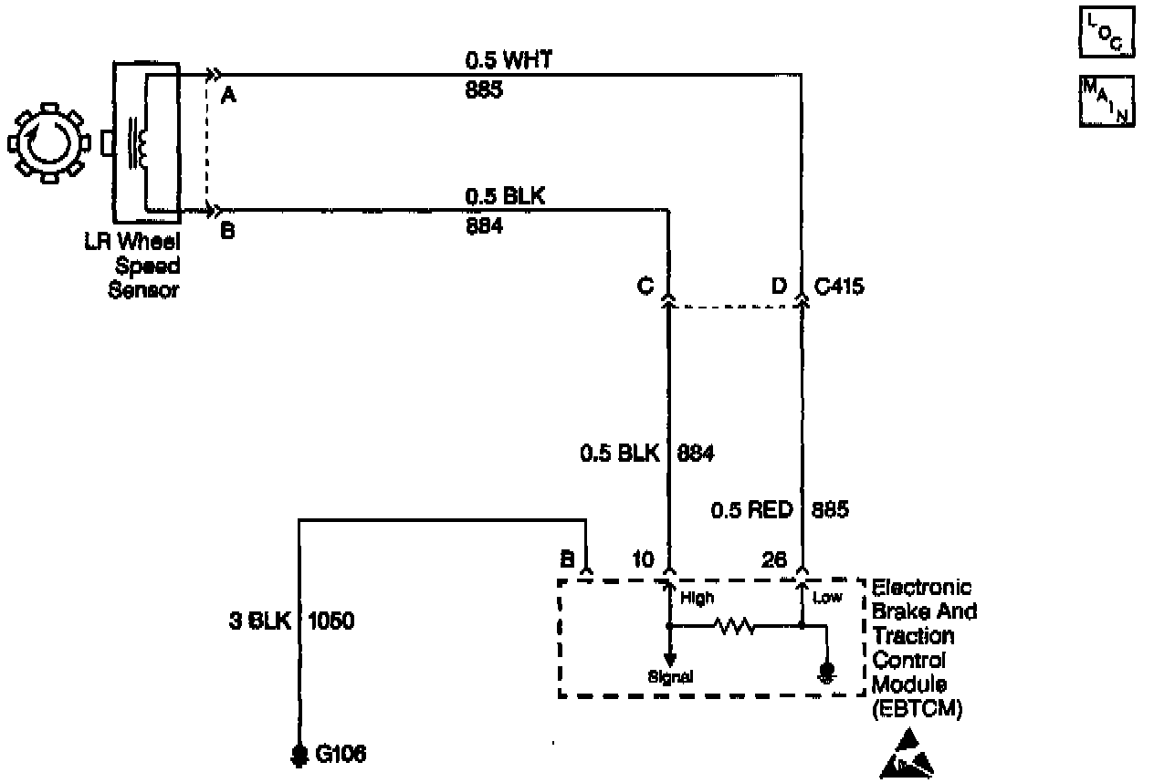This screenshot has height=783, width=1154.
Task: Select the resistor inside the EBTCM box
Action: [x=735, y=627]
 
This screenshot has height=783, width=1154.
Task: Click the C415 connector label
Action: [x=838, y=287]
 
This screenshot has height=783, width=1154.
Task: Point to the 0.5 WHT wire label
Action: [x=508, y=61]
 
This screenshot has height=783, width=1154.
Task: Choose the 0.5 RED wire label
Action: [x=750, y=510]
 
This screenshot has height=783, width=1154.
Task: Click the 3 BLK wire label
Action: [x=259, y=622]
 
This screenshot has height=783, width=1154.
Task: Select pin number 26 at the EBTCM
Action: [x=773, y=559]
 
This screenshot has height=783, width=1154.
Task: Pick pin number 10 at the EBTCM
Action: [x=643, y=559]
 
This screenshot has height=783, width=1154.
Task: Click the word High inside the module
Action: [x=698, y=599]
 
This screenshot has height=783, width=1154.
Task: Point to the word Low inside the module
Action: [x=826, y=598]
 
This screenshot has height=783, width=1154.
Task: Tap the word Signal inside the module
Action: [x=670, y=677]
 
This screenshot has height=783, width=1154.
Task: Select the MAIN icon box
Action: [x=1107, y=99]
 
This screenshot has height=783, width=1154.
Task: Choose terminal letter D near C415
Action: [x=779, y=287]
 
